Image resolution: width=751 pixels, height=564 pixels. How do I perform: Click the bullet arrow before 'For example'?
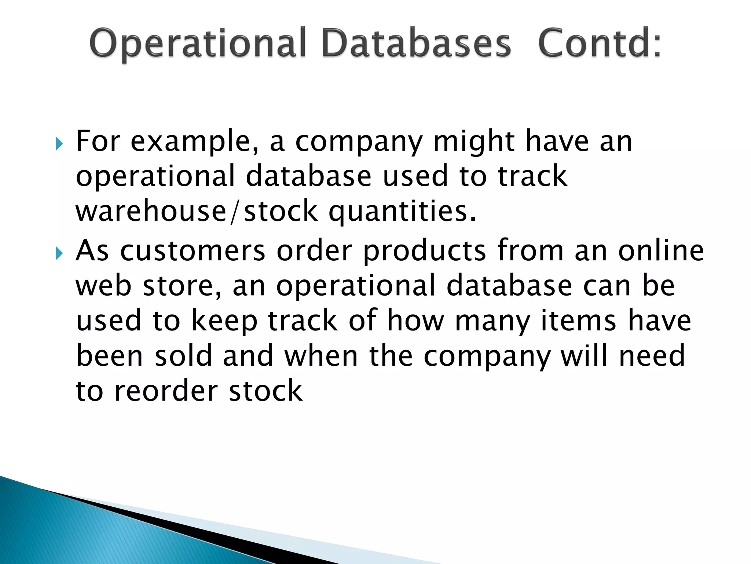tap(59, 144)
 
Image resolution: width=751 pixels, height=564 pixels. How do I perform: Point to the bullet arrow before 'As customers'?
tap(59, 253)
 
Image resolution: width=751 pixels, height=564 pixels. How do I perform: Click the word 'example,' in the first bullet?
tap(195, 142)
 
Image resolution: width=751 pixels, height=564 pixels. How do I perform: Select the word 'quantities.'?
tap(402, 212)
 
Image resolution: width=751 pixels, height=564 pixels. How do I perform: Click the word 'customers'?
tap(193, 251)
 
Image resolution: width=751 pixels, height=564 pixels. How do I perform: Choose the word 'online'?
tap(661, 250)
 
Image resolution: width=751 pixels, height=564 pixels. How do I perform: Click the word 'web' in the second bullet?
tap(103, 286)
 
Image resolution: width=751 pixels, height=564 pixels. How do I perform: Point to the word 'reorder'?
tap(166, 391)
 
